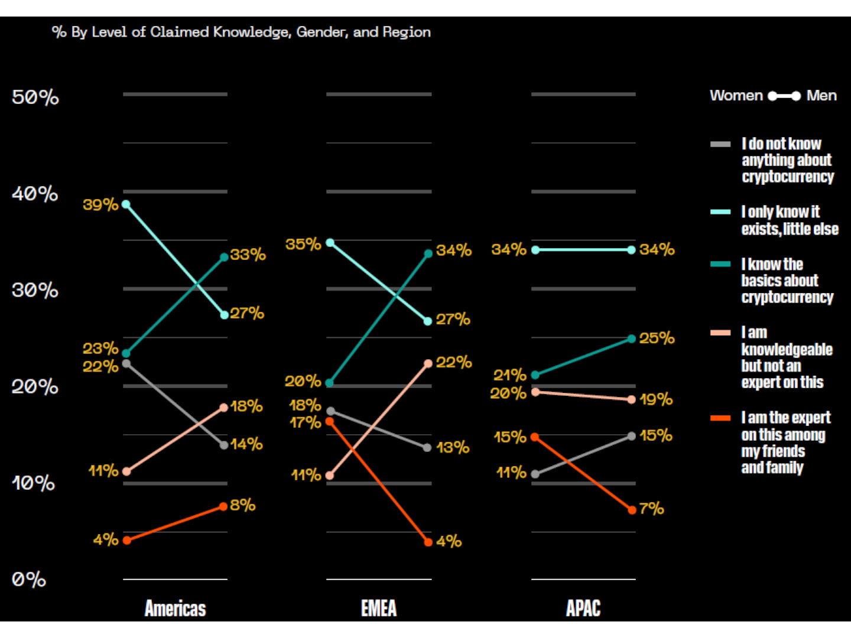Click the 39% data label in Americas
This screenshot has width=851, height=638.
pyautogui.click(x=100, y=204)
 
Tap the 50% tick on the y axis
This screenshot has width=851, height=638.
pyautogui.click(x=35, y=97)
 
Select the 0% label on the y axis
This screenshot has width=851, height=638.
pyautogui.click(x=29, y=580)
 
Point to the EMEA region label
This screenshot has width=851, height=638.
pyautogui.click(x=379, y=608)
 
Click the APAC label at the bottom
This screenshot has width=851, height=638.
pyautogui.click(x=583, y=608)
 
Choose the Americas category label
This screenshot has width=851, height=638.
pyautogui.click(x=176, y=608)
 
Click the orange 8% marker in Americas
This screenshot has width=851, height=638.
pyautogui.click(x=223, y=506)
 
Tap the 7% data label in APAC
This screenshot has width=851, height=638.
pyautogui.click(x=652, y=509)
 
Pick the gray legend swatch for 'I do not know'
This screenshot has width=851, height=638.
pyautogui.click(x=720, y=145)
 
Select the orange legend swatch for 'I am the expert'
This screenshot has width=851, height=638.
pyautogui.click(x=720, y=418)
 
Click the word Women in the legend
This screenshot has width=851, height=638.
pyautogui.click(x=736, y=95)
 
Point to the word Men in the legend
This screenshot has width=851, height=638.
pyautogui.click(x=821, y=95)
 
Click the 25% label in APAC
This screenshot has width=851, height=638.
pyautogui.click(x=657, y=338)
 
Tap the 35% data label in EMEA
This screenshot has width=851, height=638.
pyautogui.click(x=303, y=244)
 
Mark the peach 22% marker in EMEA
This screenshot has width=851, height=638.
pyautogui.click(x=428, y=363)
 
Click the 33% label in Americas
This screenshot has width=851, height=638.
pyautogui.click(x=248, y=255)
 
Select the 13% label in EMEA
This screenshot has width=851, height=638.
pyautogui.click(x=453, y=448)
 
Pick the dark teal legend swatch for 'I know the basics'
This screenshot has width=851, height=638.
pyautogui.click(x=720, y=264)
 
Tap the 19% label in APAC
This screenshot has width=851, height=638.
pyautogui.click(x=656, y=399)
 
